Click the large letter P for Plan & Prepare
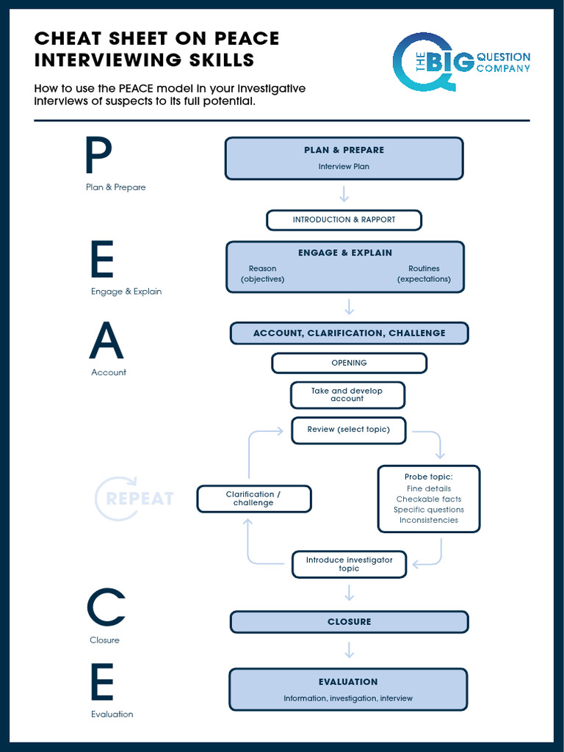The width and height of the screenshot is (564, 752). pos(98,156)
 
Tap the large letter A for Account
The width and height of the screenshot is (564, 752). pos(107,340)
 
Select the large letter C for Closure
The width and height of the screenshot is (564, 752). pos(106,608)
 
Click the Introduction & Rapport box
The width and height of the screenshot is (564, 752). pos(344,220)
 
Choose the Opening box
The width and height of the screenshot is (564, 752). pos(349,363)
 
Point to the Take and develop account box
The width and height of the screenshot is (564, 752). pos(347,395)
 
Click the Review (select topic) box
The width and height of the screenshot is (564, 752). pos(348,430)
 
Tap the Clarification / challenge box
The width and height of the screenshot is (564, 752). pos(253,499)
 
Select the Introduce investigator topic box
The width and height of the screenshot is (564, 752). pos(349,564)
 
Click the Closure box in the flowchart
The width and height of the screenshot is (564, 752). pos(349,622)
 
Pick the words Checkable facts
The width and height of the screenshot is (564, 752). pos(429,499)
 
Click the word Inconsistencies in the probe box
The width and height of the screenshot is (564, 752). pos(429,520)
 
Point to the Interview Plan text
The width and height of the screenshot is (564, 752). pos(344,167)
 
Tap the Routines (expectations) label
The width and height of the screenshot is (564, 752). pos(424,274)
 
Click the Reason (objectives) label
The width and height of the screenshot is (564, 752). pos(262,274)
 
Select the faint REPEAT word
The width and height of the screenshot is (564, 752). pos(140,499)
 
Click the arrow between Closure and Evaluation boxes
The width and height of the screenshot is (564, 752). pos(349,650)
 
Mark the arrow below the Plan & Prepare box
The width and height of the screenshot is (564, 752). pos(344,194)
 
